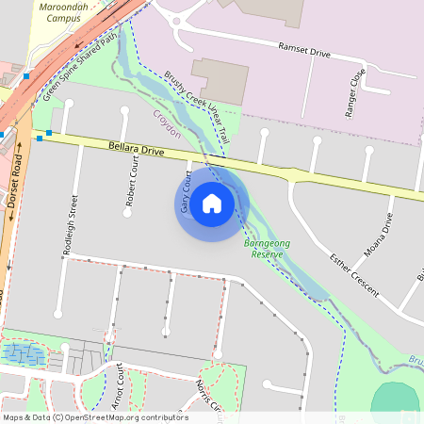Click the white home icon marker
(x=212, y=203)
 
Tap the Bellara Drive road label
(x=137, y=149)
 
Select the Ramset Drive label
(x=304, y=50)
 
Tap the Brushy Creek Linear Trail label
(x=197, y=107)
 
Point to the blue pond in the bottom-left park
(x=24, y=354)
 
